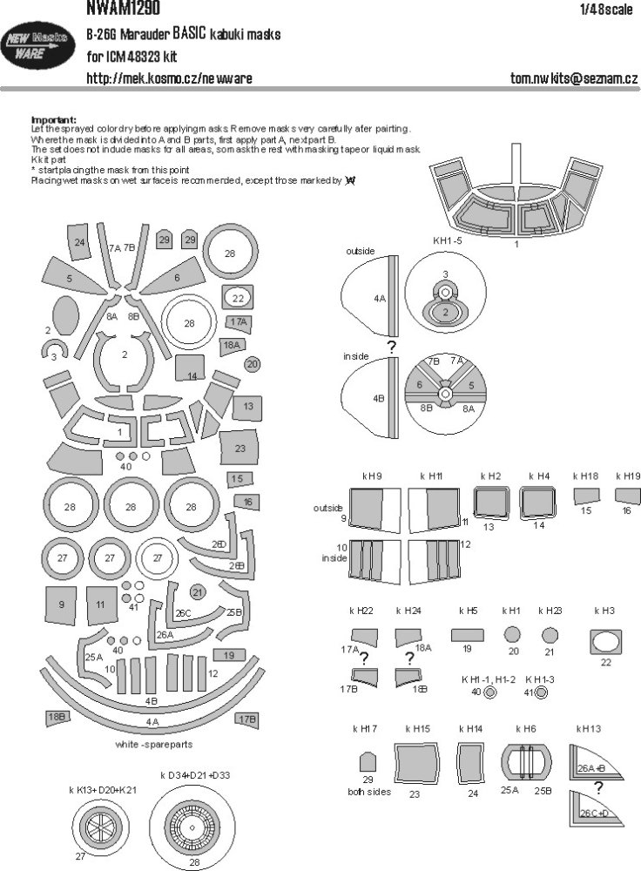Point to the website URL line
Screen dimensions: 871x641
(169, 78)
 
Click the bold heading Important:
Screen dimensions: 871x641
(53, 120)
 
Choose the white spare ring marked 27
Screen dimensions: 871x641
(157, 558)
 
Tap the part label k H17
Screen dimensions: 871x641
(368, 727)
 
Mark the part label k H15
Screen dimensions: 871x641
(417, 727)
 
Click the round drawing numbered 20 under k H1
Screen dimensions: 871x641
(513, 634)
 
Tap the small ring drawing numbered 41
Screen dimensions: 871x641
(542, 693)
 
